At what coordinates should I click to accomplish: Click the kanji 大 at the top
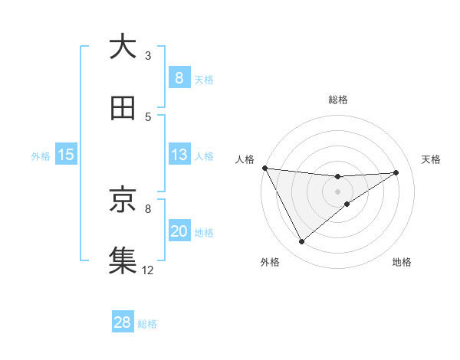coord(123,47)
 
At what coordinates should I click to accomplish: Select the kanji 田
coord(123,110)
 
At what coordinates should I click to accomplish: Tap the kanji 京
coord(123,200)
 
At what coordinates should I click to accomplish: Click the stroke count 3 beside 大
coord(148,56)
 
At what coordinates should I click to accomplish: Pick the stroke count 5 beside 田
coord(148,117)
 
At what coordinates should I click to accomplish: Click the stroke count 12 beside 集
coord(148,270)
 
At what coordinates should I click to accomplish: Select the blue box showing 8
coord(179,78)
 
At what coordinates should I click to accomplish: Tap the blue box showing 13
coord(179,155)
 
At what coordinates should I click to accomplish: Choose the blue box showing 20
coord(179,231)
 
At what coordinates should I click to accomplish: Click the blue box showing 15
coord(66,155)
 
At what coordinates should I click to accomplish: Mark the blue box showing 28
coord(123,322)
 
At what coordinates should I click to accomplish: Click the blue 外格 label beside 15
coord(41,156)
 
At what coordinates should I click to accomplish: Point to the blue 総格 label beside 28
coord(147,324)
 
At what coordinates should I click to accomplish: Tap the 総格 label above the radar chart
coord(338,100)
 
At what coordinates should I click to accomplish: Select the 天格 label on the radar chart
coord(432,159)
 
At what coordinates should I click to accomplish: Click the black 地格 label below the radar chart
coord(402,262)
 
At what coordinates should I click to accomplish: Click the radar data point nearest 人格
coord(264,168)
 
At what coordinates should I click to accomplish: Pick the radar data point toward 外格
coord(301,242)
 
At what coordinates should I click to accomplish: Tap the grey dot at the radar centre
coord(338,191)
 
